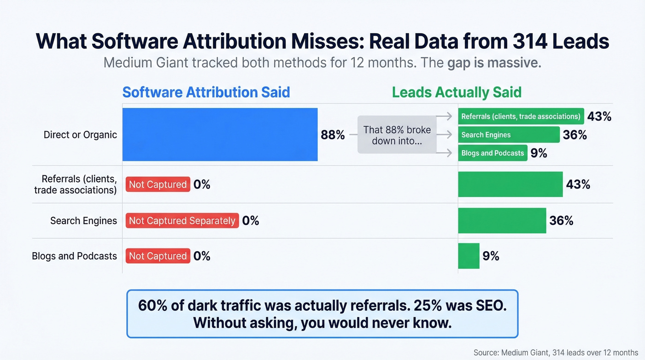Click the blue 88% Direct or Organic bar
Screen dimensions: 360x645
[220, 135]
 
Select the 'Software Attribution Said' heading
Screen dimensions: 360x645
[206, 92]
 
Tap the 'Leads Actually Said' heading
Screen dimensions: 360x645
[457, 92]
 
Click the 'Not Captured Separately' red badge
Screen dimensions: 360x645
[182, 221]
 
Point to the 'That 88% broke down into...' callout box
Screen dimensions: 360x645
[397, 135]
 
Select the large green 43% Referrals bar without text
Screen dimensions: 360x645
[510, 184]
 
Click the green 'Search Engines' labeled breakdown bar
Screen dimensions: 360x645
[509, 135]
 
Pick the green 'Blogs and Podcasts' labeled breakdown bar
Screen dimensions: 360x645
[493, 153]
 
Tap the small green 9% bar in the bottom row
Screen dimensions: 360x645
[469, 256]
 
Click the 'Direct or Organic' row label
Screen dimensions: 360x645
[80, 135]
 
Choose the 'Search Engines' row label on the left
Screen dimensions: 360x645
[83, 221]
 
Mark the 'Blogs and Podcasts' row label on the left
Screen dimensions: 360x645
[74, 256]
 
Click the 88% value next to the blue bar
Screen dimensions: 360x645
[333, 135]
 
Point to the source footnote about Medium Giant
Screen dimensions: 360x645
[556, 353]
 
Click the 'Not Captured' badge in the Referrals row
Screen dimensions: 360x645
[158, 185]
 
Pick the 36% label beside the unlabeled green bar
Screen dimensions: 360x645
[561, 221]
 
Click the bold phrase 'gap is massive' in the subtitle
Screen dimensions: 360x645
[493, 63]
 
